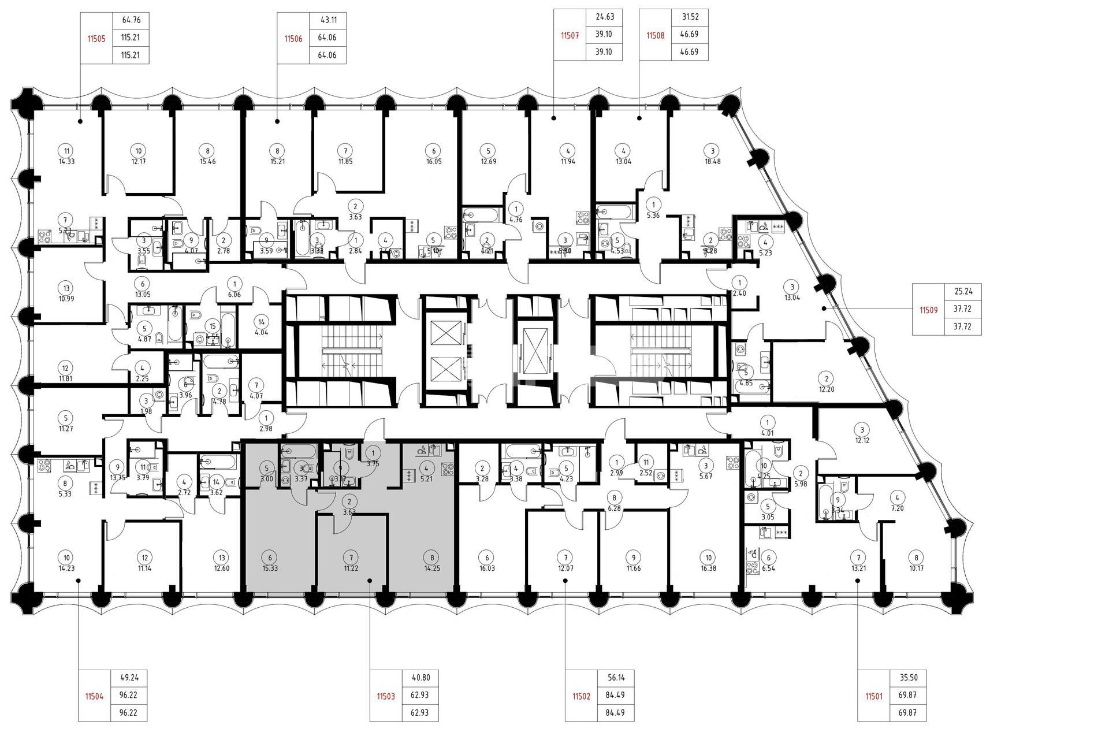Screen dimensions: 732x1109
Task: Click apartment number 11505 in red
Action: [x=96, y=39]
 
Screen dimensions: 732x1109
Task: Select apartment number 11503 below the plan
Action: [x=386, y=696]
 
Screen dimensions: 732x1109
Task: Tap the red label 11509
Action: [x=929, y=310]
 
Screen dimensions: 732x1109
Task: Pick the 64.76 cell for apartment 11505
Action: [x=131, y=20]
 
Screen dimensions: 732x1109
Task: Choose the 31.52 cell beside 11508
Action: [x=690, y=17]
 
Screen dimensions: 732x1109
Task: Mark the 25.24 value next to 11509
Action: [x=962, y=292]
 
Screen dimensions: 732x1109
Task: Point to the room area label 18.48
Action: [x=712, y=161]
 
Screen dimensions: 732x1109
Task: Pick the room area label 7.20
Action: [x=896, y=508]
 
